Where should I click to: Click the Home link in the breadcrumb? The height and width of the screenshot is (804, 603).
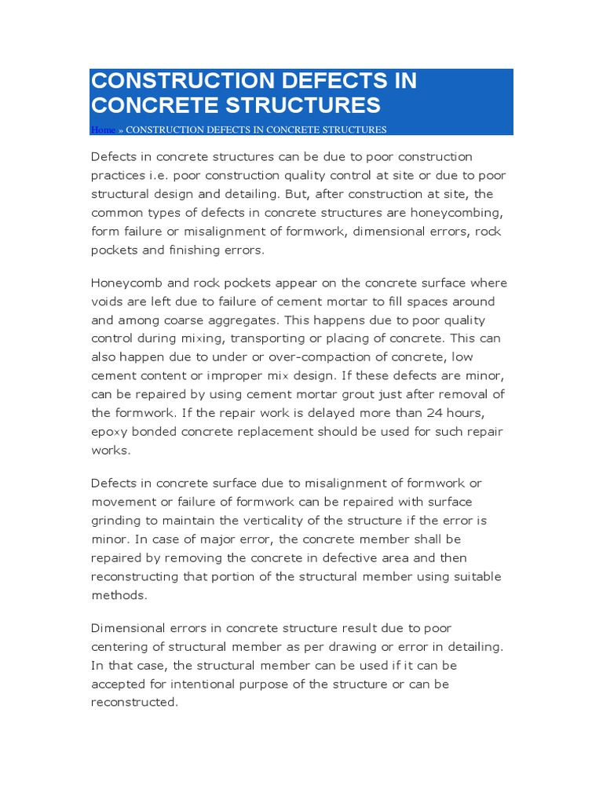coord(103,130)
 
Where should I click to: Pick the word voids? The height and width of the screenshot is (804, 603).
coord(108,301)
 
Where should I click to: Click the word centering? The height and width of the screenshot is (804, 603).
coord(120,647)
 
